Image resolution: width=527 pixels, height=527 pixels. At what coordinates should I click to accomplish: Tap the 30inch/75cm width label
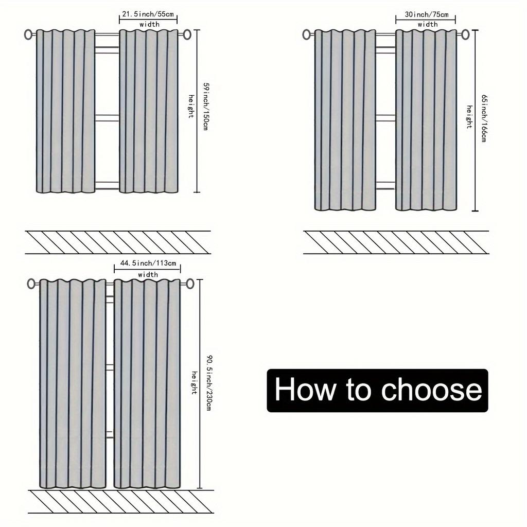point(426,14)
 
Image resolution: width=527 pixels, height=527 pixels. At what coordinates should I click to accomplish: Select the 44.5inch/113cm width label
point(148,263)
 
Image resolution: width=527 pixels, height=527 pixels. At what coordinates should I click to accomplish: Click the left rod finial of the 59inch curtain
point(29,34)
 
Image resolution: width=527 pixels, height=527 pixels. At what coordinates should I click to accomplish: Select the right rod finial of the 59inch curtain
point(187,34)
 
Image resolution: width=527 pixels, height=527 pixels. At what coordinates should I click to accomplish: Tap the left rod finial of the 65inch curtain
point(307,34)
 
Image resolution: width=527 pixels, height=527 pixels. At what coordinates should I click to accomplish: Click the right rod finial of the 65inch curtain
point(465,34)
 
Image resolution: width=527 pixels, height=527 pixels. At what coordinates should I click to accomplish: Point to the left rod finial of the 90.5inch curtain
point(32,284)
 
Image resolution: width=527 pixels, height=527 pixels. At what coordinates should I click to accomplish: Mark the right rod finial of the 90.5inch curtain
point(190,284)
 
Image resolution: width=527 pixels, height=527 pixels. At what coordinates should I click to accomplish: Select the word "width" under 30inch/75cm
point(428,24)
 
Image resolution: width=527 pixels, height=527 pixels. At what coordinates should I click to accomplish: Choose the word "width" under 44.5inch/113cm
point(148,275)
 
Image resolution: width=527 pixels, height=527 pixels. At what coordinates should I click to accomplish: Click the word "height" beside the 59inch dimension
point(191,107)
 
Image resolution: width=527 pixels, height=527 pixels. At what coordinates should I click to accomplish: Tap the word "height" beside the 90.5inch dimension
point(195,382)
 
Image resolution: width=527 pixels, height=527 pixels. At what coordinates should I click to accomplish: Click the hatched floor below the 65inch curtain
point(396,242)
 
